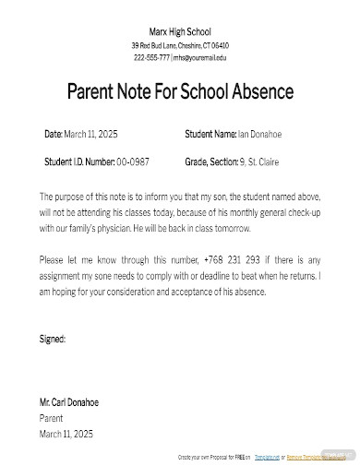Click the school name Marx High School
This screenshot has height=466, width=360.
click(180, 31)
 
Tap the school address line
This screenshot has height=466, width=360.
click(180, 45)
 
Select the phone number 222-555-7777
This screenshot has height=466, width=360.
click(151, 57)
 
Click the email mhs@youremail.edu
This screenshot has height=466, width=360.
click(199, 57)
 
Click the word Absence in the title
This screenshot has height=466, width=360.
click(260, 92)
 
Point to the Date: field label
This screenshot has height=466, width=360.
click(53, 135)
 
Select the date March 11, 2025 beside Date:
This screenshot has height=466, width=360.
click(91, 135)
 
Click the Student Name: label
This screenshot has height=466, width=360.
click(210, 135)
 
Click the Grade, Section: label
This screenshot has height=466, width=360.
click(210, 161)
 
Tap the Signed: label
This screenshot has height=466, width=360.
click(53, 339)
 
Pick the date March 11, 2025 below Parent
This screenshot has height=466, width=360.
click(66, 433)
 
